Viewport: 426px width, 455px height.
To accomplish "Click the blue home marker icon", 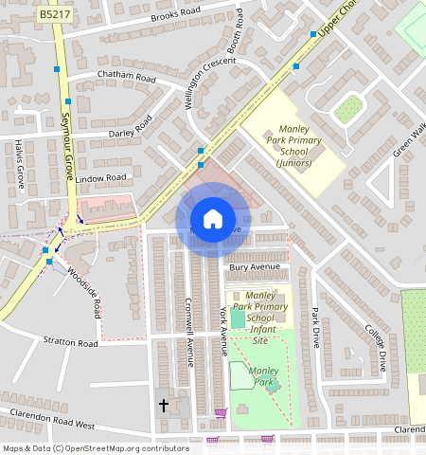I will (x=213, y=219).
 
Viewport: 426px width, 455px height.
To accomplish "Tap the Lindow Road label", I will (x=101, y=177).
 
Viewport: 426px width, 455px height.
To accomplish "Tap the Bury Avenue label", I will (x=250, y=269).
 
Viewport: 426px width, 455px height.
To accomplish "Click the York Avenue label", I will (x=224, y=330).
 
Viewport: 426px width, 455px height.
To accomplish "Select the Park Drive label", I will (x=315, y=327).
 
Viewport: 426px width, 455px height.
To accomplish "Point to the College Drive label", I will (x=377, y=347).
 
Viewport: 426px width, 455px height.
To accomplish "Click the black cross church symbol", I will (x=163, y=406).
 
